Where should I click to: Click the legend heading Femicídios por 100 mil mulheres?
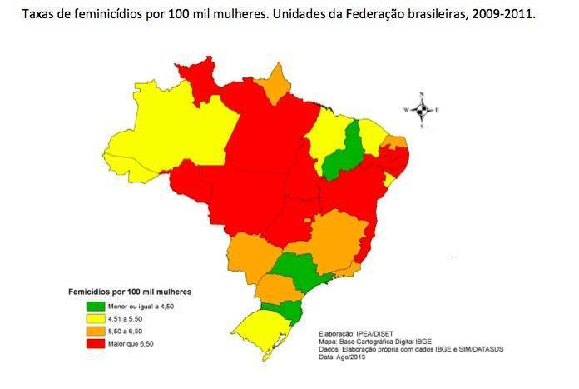pyautogui.click(x=129, y=292)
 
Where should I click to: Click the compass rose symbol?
pyautogui.click(x=423, y=109)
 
